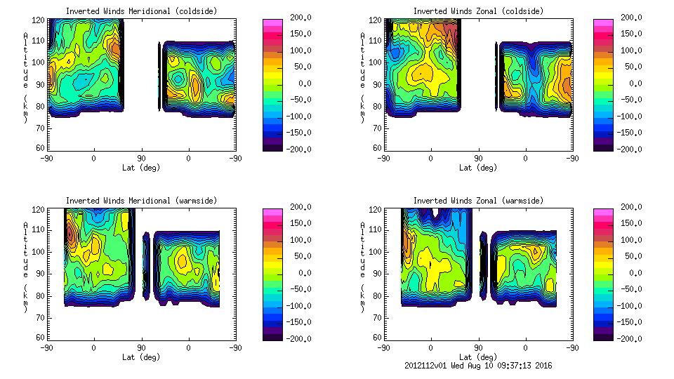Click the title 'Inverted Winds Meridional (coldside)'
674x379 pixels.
coord(141,11)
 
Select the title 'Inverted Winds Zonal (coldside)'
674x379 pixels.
coord(478,11)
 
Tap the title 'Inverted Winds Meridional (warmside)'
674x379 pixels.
coord(141,201)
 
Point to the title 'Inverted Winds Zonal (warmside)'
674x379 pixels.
coord(478,201)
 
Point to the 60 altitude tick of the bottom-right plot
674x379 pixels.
coord(378,338)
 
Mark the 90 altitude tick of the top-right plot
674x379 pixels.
coord(378,84)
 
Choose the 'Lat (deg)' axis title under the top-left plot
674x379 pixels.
coord(141,167)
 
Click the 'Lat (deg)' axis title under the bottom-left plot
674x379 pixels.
coord(141,357)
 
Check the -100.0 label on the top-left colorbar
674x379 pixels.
coord(294,117)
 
